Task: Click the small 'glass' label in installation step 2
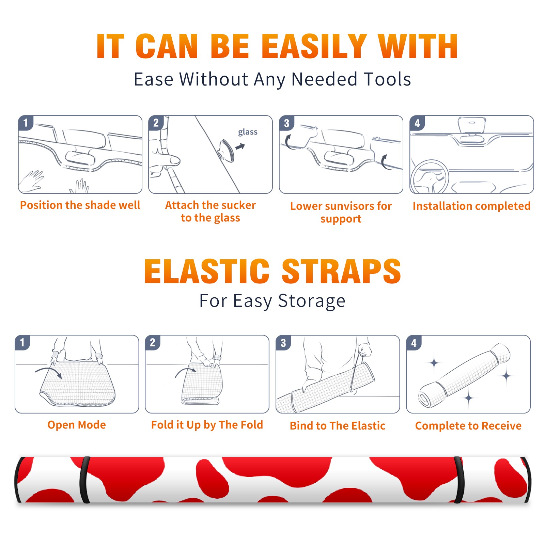click(248, 132)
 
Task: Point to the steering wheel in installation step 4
click(430, 176)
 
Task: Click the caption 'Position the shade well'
click(80, 205)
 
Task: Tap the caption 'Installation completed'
click(471, 206)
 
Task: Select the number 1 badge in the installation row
click(26, 123)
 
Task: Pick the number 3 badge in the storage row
click(283, 343)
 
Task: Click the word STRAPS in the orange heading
click(341, 271)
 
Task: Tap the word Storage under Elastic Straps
click(312, 301)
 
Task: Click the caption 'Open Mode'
click(77, 425)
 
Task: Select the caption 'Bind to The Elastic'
click(338, 426)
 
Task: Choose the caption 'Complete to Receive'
click(468, 426)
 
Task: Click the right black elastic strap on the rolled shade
click(459, 480)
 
